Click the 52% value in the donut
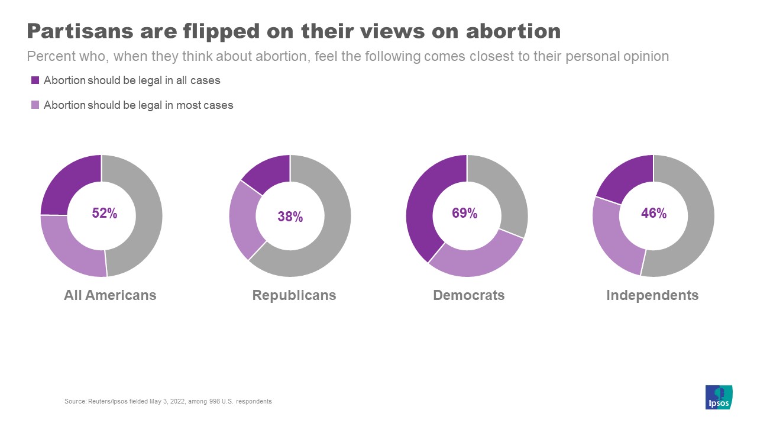click(105, 214)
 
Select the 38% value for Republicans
click(290, 217)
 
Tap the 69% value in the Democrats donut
click(464, 214)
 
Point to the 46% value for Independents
click(654, 214)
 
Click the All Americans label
click(110, 295)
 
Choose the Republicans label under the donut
click(294, 295)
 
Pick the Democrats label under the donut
click(469, 295)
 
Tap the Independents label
click(652, 295)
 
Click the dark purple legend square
click(35, 80)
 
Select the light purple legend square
click(35, 105)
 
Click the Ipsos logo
click(719, 397)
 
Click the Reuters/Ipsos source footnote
click(168, 401)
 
